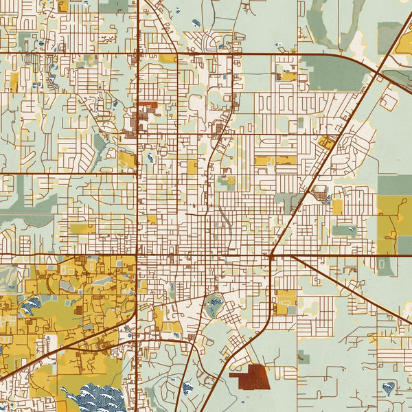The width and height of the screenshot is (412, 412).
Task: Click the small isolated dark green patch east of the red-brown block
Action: (x=303, y=356)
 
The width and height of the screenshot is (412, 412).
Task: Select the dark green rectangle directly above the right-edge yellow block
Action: (x=395, y=185)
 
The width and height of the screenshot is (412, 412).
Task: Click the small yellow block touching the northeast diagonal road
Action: (x=327, y=144)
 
